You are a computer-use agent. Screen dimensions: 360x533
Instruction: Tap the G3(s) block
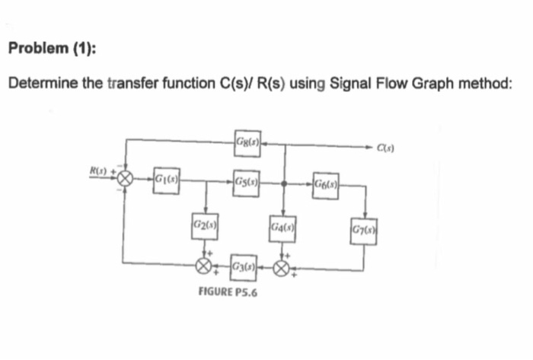[x=242, y=266]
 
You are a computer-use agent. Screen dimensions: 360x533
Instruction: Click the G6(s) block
[x=326, y=183]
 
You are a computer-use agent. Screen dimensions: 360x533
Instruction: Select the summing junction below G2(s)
[x=203, y=266]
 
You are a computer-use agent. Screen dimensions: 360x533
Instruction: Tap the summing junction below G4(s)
[x=283, y=266]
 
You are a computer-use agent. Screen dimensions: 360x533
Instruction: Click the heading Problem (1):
[x=52, y=48]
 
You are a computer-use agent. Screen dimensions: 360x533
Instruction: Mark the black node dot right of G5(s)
[x=283, y=183]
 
